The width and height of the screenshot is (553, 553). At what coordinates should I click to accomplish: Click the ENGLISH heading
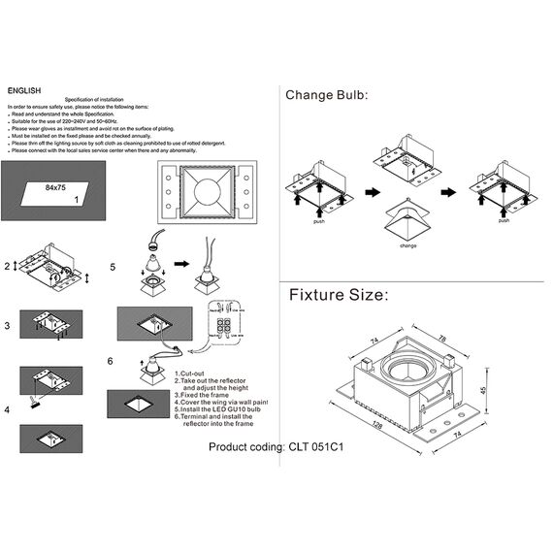(x=22, y=90)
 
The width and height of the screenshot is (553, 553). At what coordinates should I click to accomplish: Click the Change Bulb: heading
(x=326, y=95)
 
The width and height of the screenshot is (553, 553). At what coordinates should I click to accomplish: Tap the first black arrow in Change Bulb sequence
(x=373, y=193)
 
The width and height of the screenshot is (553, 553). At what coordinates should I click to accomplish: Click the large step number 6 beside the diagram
(x=111, y=360)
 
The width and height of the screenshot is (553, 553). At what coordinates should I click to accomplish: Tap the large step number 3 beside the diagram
(x=7, y=327)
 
